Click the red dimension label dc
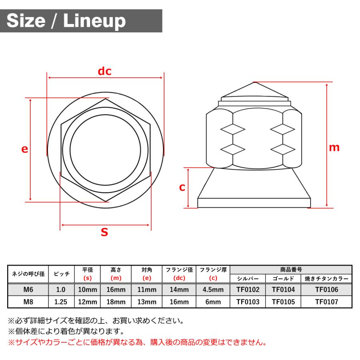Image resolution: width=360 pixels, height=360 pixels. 105,72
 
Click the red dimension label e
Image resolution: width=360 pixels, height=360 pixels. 25,149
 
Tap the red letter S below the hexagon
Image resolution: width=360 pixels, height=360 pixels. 104,232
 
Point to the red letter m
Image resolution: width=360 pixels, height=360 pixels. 334,147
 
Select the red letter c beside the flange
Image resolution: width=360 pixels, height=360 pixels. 182,187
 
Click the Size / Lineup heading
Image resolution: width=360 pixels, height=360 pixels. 66,21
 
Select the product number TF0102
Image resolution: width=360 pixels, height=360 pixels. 248,290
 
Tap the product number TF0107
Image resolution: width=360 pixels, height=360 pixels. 326,302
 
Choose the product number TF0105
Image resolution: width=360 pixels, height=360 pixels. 283,302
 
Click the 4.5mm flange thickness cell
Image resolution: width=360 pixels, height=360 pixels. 213,290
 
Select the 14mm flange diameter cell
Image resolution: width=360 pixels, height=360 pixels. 179,290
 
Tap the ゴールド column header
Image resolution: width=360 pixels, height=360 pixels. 283,279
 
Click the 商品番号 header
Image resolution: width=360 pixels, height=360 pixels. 291,270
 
